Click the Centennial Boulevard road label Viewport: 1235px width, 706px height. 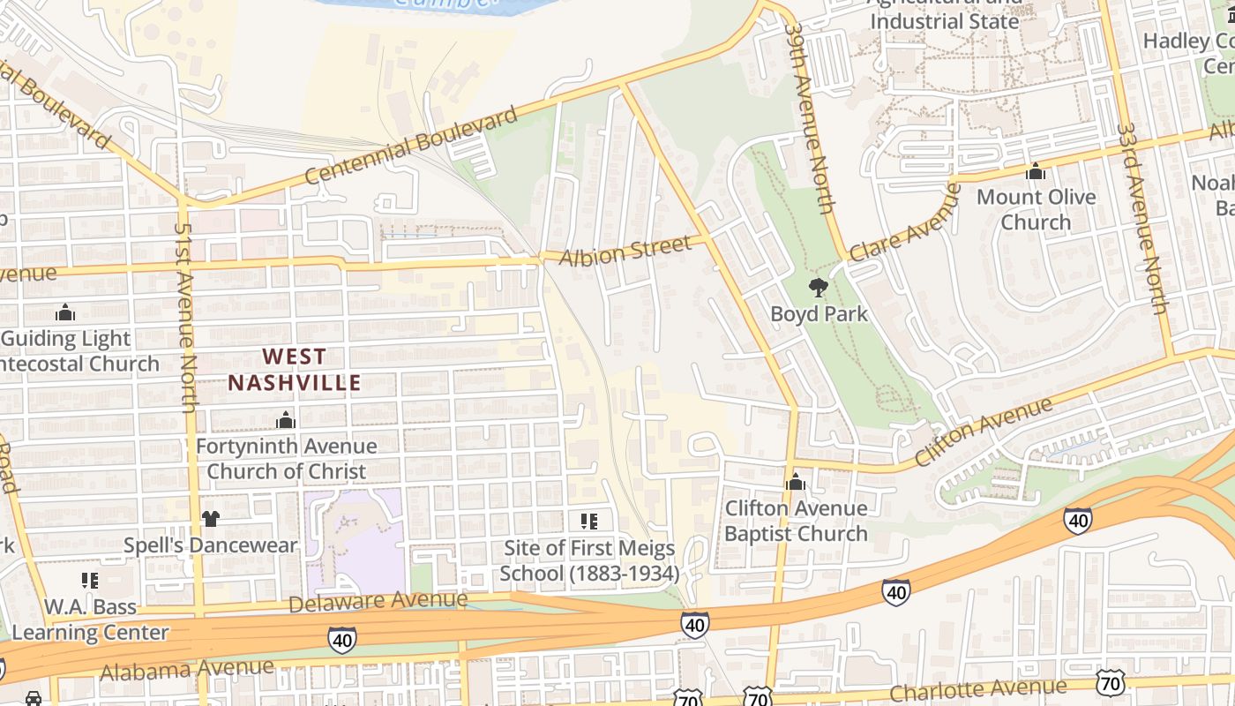411,146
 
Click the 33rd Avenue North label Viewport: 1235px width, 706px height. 1141,218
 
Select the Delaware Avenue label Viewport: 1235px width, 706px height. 378,602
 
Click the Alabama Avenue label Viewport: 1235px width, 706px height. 186,669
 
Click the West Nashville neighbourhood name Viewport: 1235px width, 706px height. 295,370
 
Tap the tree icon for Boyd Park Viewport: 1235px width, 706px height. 819,288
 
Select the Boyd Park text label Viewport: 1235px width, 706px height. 819,314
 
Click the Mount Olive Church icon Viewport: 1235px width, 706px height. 1036,171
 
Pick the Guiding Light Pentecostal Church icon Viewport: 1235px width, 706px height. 65,312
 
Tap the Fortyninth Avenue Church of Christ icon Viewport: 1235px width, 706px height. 286,420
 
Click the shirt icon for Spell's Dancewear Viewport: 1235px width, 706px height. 210,519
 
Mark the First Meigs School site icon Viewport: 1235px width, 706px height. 589,521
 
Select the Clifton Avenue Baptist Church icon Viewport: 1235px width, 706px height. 796,482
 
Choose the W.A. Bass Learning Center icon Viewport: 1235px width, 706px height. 90,580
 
